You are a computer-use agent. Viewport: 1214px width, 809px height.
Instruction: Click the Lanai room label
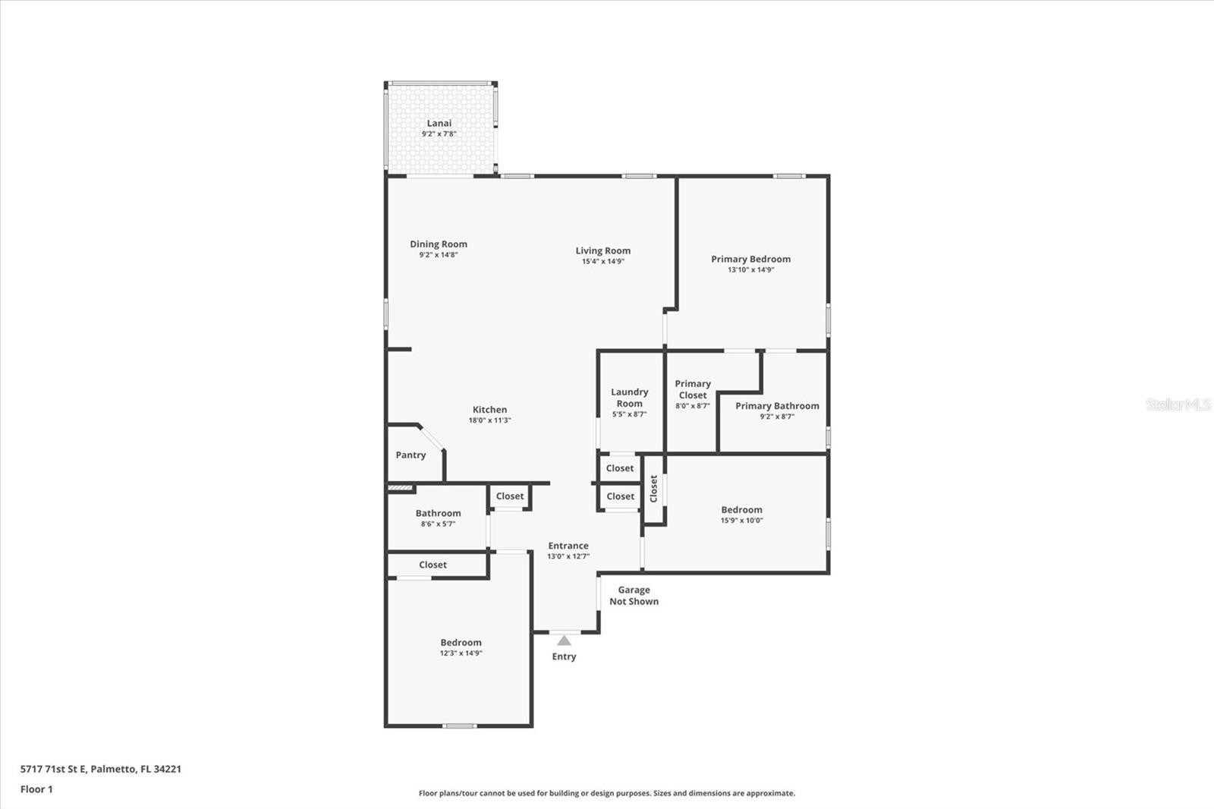[439, 123]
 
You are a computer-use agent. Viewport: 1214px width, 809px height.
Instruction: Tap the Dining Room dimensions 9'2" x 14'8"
[439, 255]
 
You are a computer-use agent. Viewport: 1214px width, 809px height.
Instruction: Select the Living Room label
[603, 250]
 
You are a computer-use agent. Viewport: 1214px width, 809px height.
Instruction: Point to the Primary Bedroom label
[750, 260]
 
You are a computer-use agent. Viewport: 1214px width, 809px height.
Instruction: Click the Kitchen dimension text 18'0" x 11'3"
[490, 420]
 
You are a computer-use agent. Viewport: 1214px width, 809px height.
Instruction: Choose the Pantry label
[410, 455]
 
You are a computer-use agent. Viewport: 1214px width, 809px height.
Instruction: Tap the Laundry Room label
[630, 398]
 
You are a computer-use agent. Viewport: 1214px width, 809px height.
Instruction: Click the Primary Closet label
[693, 389]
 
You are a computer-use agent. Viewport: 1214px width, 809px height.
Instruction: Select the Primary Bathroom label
[777, 406]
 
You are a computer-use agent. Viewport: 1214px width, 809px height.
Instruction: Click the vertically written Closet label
[653, 489]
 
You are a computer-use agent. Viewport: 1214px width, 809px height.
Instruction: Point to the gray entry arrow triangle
[565, 641]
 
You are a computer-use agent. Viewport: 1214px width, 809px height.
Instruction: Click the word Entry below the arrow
[565, 656]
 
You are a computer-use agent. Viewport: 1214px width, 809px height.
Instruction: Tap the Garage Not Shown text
[634, 595]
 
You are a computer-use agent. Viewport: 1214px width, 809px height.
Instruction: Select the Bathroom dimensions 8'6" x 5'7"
[439, 524]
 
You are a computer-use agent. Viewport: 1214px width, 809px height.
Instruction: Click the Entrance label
[568, 546]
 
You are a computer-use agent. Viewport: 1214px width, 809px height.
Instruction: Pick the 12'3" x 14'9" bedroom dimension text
[461, 653]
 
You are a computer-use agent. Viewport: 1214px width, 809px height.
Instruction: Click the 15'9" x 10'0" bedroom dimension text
[742, 521]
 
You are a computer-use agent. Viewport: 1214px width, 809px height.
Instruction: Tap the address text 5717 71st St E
[53, 769]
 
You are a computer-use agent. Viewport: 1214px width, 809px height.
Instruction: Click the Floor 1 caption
[37, 789]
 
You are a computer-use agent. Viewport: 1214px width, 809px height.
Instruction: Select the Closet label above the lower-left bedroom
[433, 565]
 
